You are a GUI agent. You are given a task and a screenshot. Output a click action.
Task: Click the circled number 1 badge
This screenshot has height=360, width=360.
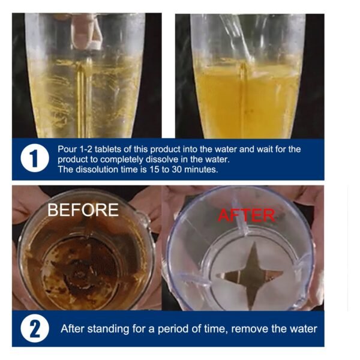34,160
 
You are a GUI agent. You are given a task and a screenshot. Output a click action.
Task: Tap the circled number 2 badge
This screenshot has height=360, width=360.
34,329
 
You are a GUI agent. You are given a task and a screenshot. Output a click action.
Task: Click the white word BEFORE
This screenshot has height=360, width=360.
83,210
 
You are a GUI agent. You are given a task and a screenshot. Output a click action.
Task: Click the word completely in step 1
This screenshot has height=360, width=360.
133,160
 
